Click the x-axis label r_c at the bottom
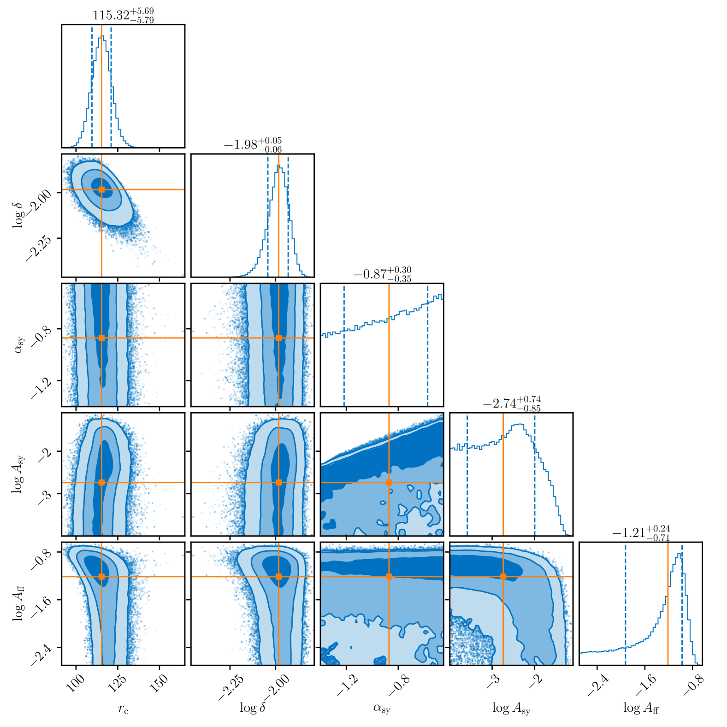pos(123,709)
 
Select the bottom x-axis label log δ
pos(253,708)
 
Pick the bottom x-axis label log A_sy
pos(511,709)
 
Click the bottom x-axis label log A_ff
pos(641,708)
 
